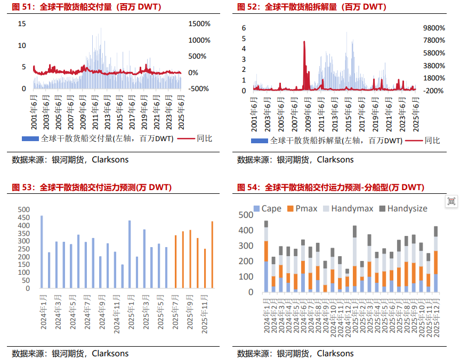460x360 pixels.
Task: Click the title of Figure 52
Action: (x=312, y=7)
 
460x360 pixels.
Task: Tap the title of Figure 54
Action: (x=330, y=187)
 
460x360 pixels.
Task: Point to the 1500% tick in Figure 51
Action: (x=200, y=24)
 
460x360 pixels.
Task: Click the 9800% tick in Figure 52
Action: (x=433, y=28)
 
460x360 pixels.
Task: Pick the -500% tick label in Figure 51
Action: (x=199, y=89)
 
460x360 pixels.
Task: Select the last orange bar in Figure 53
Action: (x=212, y=255)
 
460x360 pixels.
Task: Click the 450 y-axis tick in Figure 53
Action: (x=24, y=218)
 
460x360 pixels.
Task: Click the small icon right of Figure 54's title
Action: (x=451, y=201)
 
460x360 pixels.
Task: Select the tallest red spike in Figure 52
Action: (x=304, y=43)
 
